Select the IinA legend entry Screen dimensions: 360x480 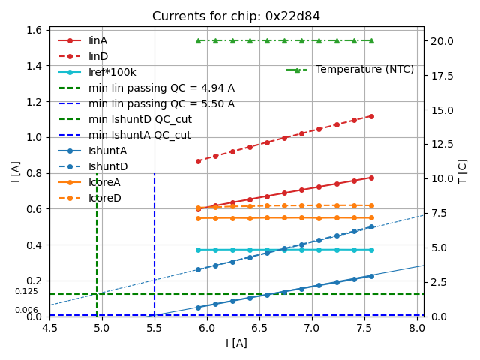(x=97, y=40)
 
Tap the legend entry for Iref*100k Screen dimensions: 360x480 (x=112, y=72)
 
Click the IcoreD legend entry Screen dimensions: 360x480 (x=104, y=198)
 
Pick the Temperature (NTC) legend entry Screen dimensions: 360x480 (x=364, y=70)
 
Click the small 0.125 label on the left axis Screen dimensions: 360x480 (x=26, y=292)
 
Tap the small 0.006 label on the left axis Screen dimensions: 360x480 (x=26, y=310)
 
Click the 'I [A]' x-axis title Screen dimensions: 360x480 (x=236, y=343)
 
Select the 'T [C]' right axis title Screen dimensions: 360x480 (x=463, y=171)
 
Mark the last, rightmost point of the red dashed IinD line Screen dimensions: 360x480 (x=371, y=116)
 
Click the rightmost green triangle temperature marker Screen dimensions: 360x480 (x=371, y=40)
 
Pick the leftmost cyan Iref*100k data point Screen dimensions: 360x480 (x=198, y=250)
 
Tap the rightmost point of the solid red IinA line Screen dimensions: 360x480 (x=371, y=178)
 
